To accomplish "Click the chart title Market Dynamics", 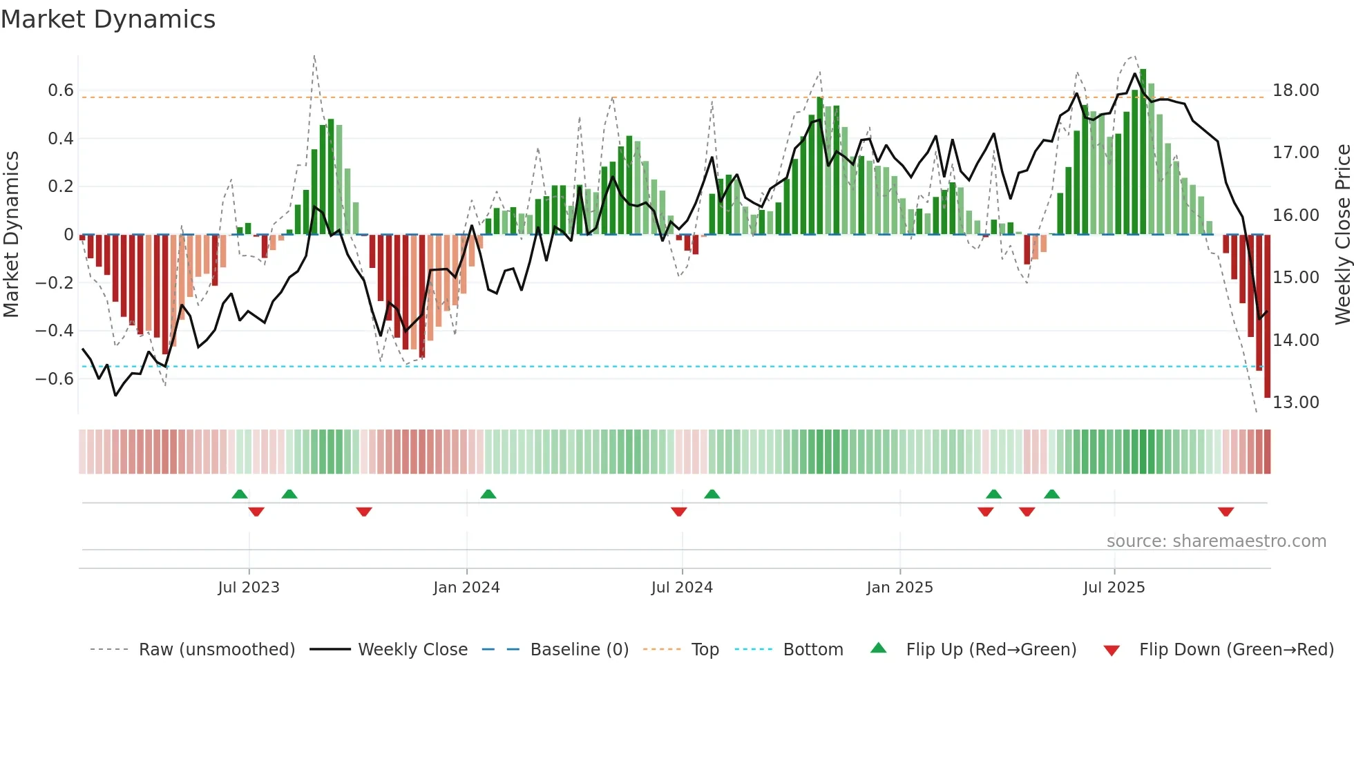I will [108, 19].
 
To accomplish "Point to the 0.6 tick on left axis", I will [61, 90].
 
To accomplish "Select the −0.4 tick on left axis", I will [55, 331].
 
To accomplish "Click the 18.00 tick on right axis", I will [1296, 90].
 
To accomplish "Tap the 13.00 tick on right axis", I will [1296, 403].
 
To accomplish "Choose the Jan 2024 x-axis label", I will [466, 588].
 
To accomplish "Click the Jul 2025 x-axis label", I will [1114, 588].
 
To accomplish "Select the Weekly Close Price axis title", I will [1342, 235].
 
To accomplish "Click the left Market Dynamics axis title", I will [11, 235].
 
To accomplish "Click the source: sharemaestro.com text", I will [1216, 541].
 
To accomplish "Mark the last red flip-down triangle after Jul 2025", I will [1226, 512].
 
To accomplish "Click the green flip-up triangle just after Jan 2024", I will [488, 494].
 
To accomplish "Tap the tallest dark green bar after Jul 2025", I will [1143, 152].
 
